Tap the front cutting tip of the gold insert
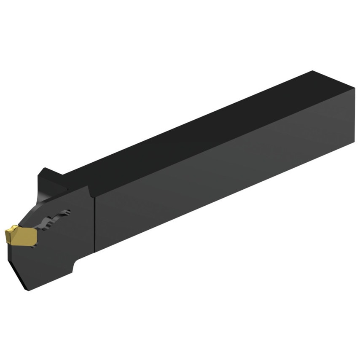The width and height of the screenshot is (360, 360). click(5, 232)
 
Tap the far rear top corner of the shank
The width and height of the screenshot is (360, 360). click(313, 71)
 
